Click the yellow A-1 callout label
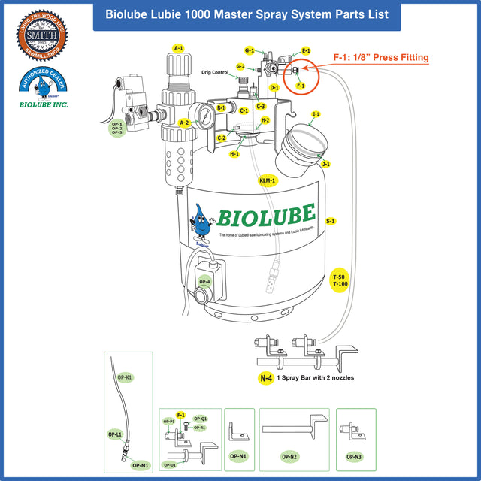[178, 48]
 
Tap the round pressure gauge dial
[201, 116]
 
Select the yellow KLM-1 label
[268, 181]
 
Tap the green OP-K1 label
[126, 377]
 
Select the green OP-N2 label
[289, 456]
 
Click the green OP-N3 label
[354, 456]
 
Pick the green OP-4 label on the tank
[204, 282]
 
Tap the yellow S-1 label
[331, 222]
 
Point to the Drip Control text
[215, 73]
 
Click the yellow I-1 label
[316, 114]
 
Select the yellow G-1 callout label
[250, 50]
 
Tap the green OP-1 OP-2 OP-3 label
[117, 129]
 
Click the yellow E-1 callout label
[306, 50]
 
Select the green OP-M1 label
[141, 465]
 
